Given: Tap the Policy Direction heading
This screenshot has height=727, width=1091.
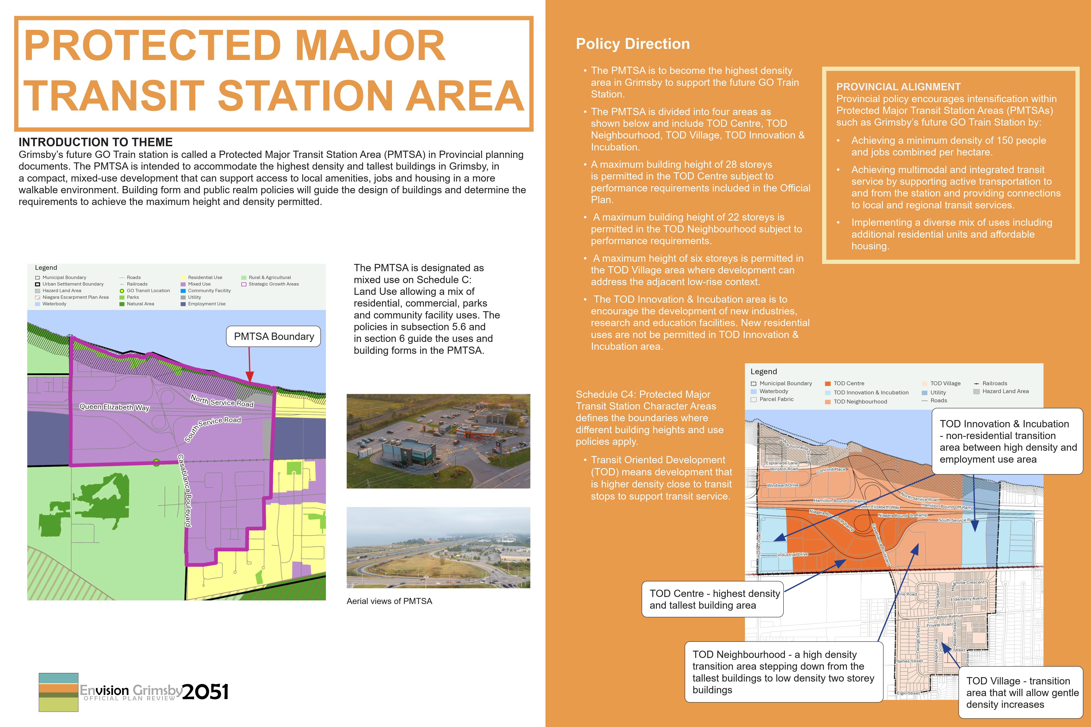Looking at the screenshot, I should pyautogui.click(x=633, y=44).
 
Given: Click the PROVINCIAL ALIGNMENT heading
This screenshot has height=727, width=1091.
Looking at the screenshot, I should pyautogui.click(x=898, y=87).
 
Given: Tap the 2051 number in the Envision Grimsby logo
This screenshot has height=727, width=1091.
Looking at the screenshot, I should pyautogui.click(x=205, y=692).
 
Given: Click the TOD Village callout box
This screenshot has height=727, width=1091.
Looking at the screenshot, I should pyautogui.click(x=1020, y=692).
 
